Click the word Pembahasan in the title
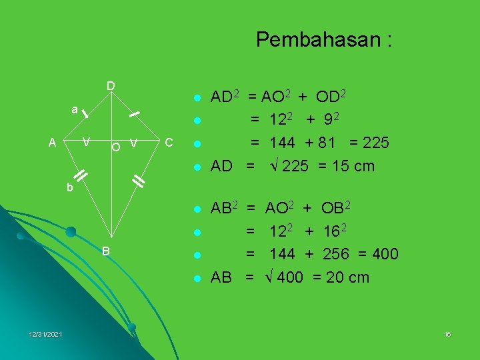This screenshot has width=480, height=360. tap(317, 40)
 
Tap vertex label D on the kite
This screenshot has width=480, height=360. tap(111, 86)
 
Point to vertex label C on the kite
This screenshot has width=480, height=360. tap(168, 142)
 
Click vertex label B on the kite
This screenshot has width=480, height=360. tap(105, 250)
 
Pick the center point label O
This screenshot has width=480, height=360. tap(116, 146)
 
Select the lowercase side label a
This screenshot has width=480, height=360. tap(75, 109)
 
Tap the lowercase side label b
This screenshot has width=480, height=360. tap(69, 188)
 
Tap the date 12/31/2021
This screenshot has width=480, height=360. tap(46, 334)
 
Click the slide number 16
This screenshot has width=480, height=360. tap(447, 334)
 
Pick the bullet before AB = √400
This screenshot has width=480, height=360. tap(197, 278)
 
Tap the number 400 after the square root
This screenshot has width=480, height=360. tap(290, 277)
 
